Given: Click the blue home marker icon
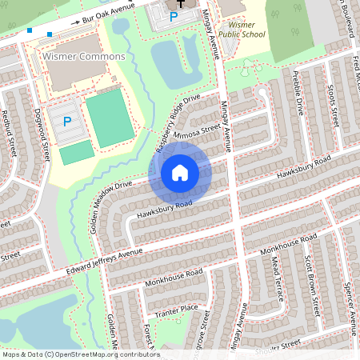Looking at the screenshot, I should (180, 172).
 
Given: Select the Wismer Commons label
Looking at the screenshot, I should (84, 57).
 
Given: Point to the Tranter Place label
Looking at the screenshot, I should (176, 309).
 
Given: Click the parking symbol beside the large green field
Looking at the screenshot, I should (67, 122).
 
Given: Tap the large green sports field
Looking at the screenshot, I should (110, 116).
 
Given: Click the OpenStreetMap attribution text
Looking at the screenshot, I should (81, 354).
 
